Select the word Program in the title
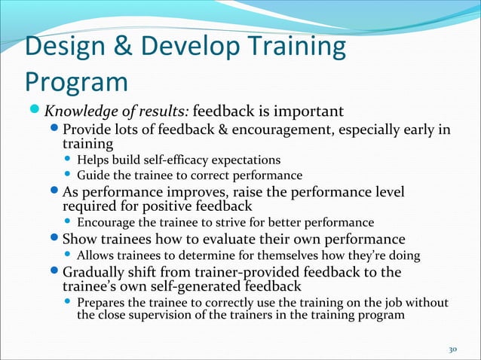[75, 81]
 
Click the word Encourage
[106, 222]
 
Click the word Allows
[96, 256]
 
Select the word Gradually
[97, 272]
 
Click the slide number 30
[453, 349]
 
